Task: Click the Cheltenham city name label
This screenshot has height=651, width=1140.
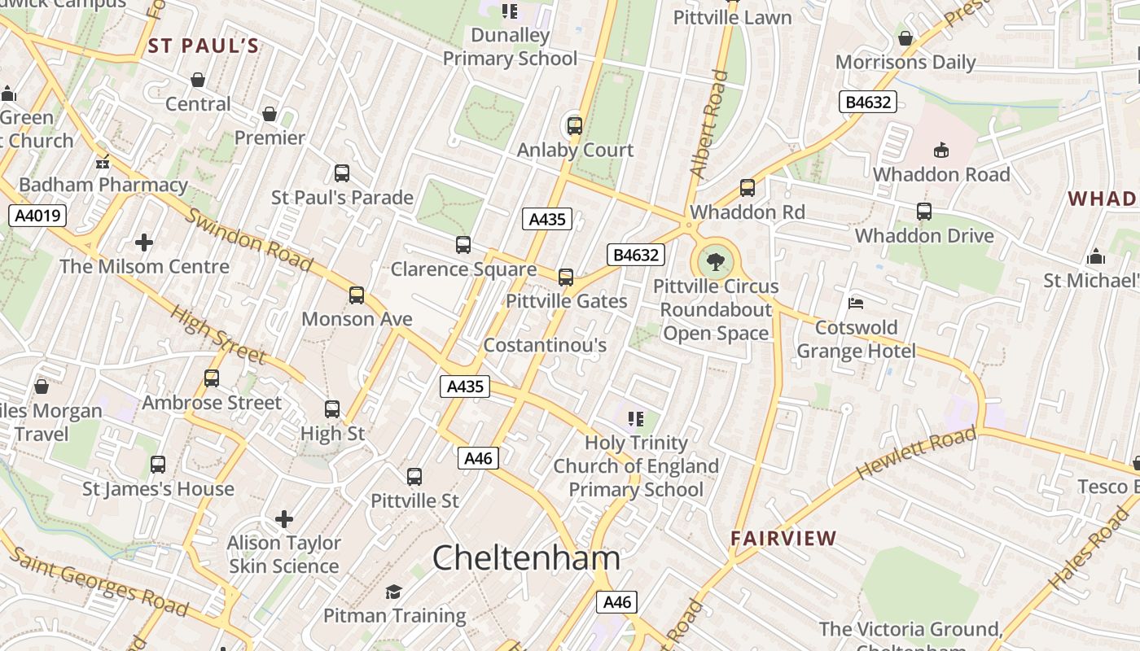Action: click(x=526, y=558)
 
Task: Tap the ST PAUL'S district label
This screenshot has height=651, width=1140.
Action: click(x=204, y=46)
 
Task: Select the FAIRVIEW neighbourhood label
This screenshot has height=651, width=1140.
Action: click(x=783, y=538)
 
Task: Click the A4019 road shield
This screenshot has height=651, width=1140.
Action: click(x=37, y=216)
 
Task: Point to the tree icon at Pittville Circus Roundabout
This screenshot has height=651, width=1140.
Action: click(x=716, y=261)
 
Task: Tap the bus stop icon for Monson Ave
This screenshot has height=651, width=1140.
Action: click(x=357, y=295)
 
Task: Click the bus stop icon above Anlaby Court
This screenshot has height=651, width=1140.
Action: click(x=575, y=126)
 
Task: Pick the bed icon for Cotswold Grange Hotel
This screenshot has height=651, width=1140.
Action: click(x=855, y=304)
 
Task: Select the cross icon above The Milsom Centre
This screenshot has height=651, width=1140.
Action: click(x=144, y=242)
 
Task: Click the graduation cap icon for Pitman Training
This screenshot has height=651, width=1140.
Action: click(x=394, y=592)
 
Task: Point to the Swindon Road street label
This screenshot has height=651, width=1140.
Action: click(x=249, y=240)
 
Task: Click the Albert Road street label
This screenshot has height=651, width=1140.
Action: click(x=708, y=125)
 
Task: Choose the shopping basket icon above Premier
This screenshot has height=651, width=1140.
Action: click(x=270, y=114)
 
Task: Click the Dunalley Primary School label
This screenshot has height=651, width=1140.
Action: click(x=510, y=47)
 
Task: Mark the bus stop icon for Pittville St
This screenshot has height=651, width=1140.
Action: click(x=414, y=477)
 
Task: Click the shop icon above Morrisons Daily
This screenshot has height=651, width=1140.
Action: click(x=905, y=38)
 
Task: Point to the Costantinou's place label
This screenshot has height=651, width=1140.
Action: click(x=545, y=345)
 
